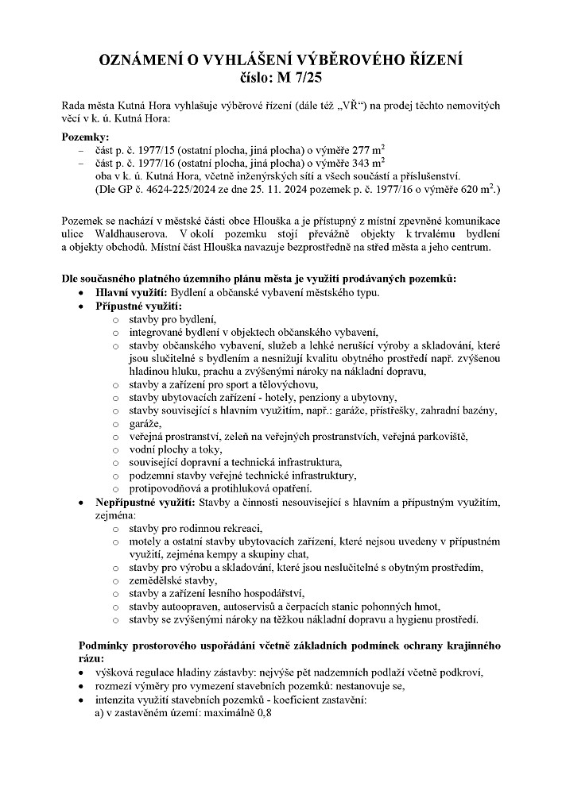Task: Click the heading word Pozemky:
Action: [86, 137]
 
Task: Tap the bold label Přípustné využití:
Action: [139, 305]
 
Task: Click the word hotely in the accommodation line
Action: [298, 397]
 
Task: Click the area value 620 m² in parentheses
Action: [475, 188]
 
